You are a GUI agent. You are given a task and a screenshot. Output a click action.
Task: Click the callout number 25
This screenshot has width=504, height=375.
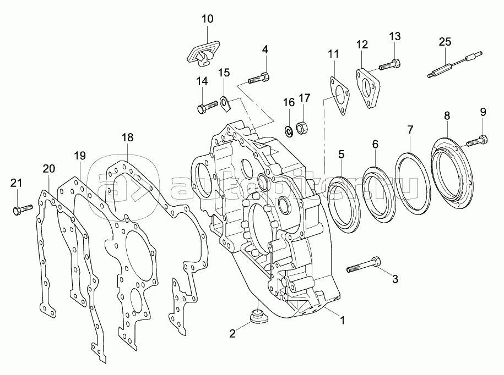[445, 42]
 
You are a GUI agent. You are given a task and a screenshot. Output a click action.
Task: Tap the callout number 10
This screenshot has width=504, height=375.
[207, 19]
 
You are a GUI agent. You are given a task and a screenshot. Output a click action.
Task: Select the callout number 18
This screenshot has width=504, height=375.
[127, 137]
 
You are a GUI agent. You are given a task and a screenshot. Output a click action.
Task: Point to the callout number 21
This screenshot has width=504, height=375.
[17, 183]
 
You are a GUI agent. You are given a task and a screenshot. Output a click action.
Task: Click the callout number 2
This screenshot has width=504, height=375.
[232, 334]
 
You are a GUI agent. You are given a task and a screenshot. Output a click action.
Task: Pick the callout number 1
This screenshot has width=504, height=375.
[342, 320]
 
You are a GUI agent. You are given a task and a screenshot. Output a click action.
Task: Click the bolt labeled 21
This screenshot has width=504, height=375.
[23, 209]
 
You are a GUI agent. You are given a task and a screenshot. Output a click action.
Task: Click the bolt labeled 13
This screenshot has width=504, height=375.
[390, 64]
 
